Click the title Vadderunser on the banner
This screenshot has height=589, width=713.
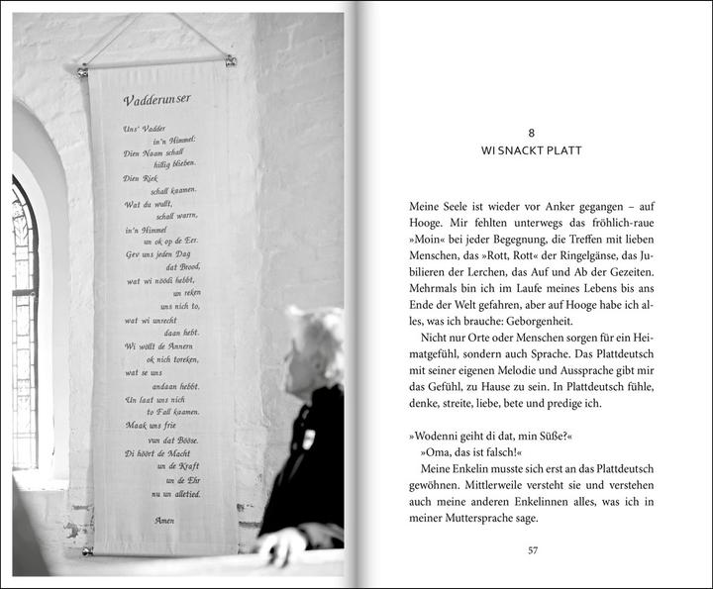pyautogui.click(x=157, y=101)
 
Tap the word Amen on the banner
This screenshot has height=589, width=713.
pyautogui.click(x=165, y=519)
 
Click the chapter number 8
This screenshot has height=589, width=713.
pyautogui.click(x=532, y=132)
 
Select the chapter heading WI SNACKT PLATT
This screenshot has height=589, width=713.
pyautogui.click(x=532, y=150)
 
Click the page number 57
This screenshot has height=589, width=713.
pyautogui.click(x=532, y=550)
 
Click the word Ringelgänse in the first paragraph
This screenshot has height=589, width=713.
pyautogui.click(x=557, y=255)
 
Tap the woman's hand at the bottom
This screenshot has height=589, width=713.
pyautogui.click(x=280, y=543)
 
